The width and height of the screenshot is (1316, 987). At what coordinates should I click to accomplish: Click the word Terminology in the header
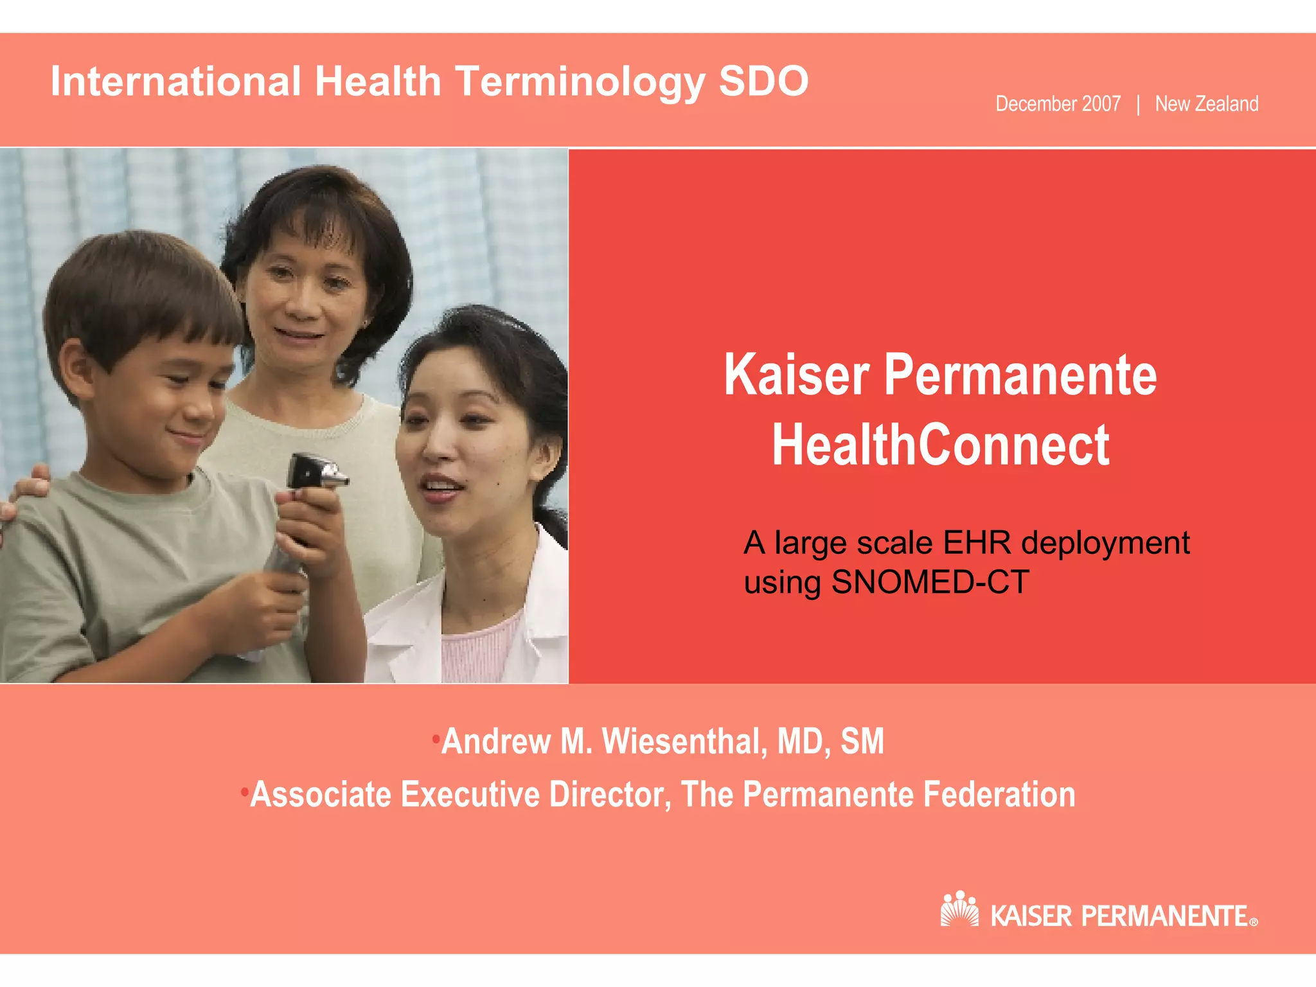click(x=580, y=82)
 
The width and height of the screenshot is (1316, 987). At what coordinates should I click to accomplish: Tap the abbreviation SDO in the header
click(x=763, y=82)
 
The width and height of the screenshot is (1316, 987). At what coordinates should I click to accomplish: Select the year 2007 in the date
click(x=1101, y=104)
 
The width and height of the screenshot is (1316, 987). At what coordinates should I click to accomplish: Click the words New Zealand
click(x=1206, y=104)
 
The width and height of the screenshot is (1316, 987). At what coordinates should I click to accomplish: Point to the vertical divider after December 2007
click(x=1138, y=105)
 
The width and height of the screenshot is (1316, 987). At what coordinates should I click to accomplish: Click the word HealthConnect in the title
click(x=940, y=445)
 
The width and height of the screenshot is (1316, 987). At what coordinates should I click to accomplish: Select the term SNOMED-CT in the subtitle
click(x=930, y=582)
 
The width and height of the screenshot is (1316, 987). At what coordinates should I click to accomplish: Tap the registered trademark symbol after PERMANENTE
click(x=1253, y=922)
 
